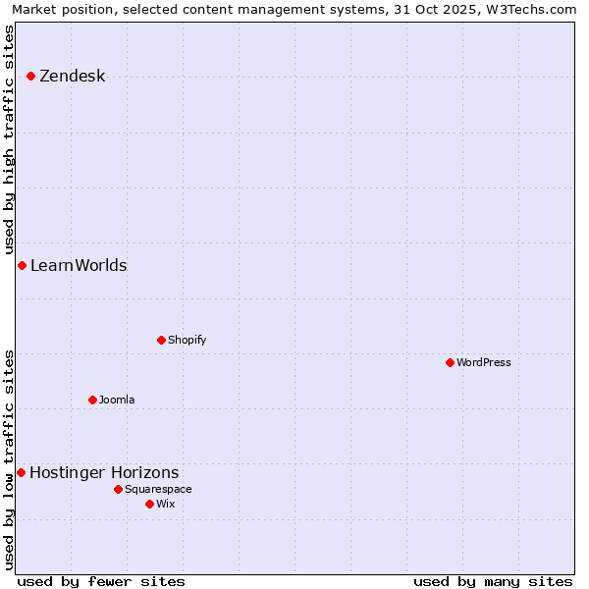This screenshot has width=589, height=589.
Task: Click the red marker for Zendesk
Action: click(x=31, y=77)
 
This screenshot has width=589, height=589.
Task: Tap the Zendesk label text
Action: click(x=72, y=77)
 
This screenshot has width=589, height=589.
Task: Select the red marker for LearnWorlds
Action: click(x=22, y=266)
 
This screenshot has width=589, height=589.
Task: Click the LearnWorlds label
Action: click(x=79, y=266)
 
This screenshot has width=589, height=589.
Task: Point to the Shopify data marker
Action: click(x=161, y=341)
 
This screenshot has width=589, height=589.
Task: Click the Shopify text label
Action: click(x=187, y=341)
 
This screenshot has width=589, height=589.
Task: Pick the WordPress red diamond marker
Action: click(x=450, y=363)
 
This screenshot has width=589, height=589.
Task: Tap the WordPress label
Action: click(x=483, y=363)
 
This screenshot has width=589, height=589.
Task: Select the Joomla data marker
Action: click(x=92, y=401)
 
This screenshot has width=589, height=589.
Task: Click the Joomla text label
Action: click(x=117, y=401)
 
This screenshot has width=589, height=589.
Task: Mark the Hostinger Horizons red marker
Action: click(x=21, y=473)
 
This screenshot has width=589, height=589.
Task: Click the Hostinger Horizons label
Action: click(x=104, y=473)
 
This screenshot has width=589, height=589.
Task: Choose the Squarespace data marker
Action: click(x=118, y=490)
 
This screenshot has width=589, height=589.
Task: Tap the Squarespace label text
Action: click(x=158, y=490)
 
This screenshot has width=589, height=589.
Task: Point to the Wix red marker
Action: click(x=149, y=505)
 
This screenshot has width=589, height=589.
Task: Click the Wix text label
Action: click(x=165, y=505)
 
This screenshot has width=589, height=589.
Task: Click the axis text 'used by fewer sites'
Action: click(x=101, y=581)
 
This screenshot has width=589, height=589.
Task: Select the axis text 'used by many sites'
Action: click(x=493, y=581)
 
